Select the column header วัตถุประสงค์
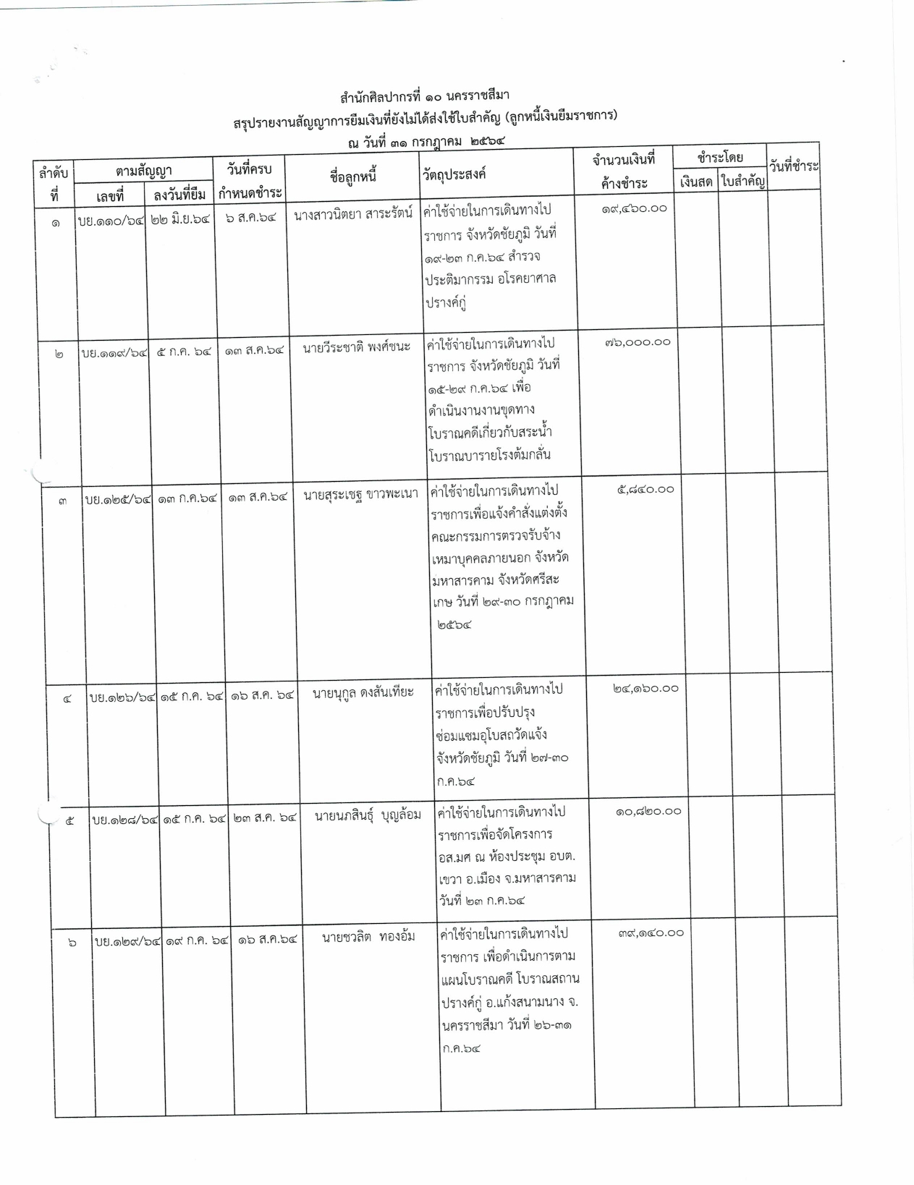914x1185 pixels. (x=454, y=175)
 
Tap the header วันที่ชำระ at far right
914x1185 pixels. (x=794, y=167)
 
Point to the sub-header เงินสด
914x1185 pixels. (x=696, y=182)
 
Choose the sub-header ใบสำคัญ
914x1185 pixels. (x=743, y=182)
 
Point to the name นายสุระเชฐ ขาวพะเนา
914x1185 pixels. (x=360, y=496)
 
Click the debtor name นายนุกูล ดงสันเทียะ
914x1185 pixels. (x=363, y=693)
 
